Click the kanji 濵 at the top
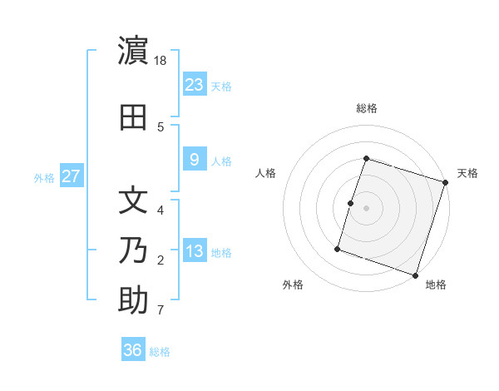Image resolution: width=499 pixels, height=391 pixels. [x=133, y=52]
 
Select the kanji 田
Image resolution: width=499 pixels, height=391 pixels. [x=133, y=117]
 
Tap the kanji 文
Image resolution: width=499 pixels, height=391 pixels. [x=133, y=200]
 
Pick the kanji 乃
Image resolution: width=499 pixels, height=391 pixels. [x=133, y=250]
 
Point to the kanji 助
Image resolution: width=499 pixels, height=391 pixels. [x=133, y=300]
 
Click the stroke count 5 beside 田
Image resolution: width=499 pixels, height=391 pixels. [x=161, y=126]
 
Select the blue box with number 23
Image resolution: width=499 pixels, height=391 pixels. [x=194, y=85]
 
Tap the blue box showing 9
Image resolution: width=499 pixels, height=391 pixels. [x=194, y=160]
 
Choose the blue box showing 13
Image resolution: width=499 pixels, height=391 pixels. [x=194, y=251]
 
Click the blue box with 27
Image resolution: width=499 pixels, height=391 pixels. [x=71, y=176]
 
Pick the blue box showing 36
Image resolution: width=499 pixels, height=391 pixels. [x=133, y=350]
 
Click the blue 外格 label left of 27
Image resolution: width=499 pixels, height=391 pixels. [x=44, y=177]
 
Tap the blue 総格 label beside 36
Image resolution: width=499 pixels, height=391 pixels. [x=160, y=352]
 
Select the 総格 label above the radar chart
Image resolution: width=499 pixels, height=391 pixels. [x=367, y=108]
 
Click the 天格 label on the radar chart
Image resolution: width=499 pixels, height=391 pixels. [x=467, y=173]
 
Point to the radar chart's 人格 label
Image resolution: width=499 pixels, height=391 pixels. [x=265, y=173]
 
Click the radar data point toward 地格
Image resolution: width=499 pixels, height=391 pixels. [x=415, y=275]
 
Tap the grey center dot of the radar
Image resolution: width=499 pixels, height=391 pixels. [x=366, y=208]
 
